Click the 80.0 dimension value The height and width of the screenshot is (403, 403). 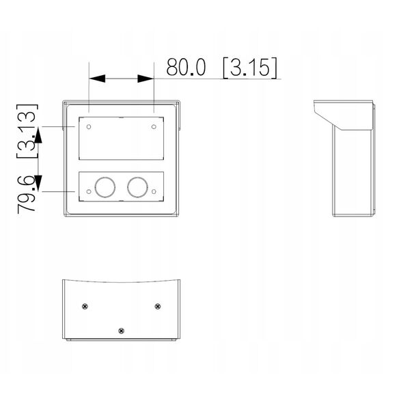(x=186, y=67)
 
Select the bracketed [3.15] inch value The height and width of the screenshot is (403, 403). (x=250, y=68)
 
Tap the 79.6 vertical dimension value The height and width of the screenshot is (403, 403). (x=27, y=194)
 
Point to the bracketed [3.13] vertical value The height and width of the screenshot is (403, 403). (x=27, y=131)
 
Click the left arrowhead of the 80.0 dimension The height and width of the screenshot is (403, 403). (x=97, y=79)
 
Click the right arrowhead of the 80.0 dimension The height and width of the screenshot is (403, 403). (x=145, y=79)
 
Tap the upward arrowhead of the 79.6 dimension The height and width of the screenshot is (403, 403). (x=38, y=135)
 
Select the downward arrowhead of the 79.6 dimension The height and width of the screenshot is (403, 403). (x=38, y=184)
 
